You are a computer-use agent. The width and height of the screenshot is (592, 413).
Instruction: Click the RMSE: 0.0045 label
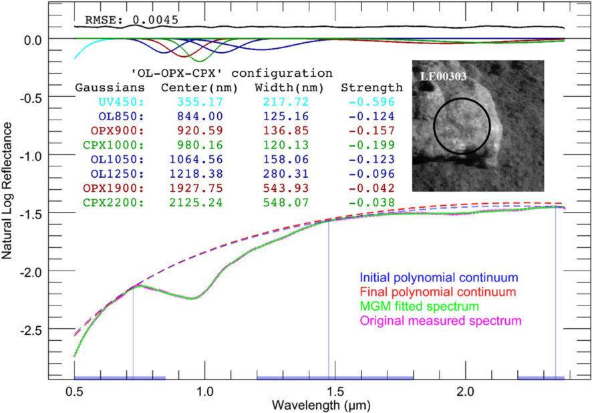pyautogui.click(x=126, y=19)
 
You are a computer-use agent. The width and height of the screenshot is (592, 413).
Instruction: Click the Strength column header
pyautogui.click(x=372, y=87)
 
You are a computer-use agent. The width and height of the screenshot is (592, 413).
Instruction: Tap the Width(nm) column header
pyautogui.click(x=281, y=87)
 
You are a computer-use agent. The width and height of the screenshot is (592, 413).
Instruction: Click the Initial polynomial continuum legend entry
pyautogui.click(x=439, y=277)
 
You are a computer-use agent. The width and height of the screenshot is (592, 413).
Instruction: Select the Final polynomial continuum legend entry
pyautogui.click(x=438, y=292)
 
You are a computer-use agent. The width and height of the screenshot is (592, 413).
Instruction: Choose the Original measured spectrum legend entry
pyautogui.click(x=440, y=321)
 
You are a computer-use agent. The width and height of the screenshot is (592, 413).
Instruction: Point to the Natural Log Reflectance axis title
pyautogui.click(x=8, y=194)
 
